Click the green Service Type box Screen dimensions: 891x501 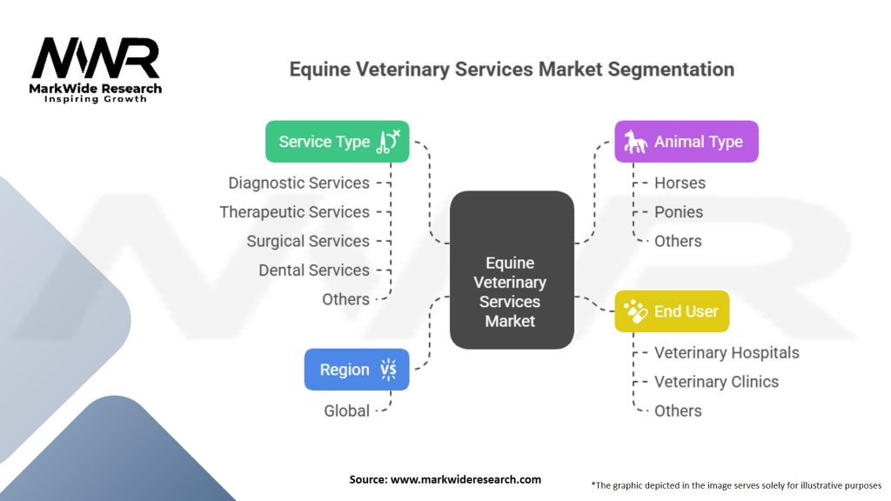point(337,142)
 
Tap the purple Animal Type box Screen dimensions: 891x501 point(687,142)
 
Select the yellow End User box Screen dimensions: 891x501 point(672,311)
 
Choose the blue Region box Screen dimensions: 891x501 point(356,369)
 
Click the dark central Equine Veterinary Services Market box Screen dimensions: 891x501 point(512,270)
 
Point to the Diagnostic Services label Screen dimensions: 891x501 point(299,183)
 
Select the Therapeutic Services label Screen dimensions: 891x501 point(294,212)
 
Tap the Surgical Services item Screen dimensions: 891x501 point(308,241)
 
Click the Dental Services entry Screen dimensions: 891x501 point(313,270)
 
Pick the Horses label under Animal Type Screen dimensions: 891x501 point(680,183)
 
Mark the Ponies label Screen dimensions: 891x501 point(679,212)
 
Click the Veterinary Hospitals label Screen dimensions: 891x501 point(727,353)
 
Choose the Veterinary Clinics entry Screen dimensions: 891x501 point(716,382)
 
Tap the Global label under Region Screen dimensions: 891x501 point(346,411)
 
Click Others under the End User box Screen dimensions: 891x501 point(678,411)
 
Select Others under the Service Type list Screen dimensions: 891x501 point(345,299)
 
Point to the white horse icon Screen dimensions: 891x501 point(635,142)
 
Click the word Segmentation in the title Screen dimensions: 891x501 point(671,70)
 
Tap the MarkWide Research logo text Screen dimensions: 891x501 point(96,89)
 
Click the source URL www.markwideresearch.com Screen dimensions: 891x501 point(466,479)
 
